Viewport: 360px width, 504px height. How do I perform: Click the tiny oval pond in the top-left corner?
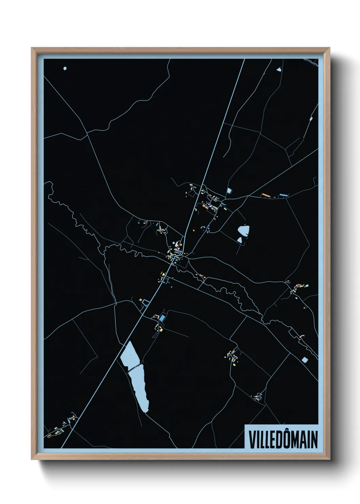tap(65, 68)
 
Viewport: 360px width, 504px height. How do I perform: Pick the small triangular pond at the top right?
tap(279, 70)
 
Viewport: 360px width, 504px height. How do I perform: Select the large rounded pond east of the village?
tap(243, 231)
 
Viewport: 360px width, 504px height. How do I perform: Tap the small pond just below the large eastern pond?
tap(240, 240)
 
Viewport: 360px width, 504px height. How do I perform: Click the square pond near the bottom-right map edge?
tap(305, 360)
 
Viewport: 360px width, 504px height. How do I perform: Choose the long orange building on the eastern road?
tap(265, 195)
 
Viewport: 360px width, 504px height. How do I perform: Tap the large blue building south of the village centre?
tap(162, 318)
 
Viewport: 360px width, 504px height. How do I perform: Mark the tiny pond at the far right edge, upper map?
tap(311, 119)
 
